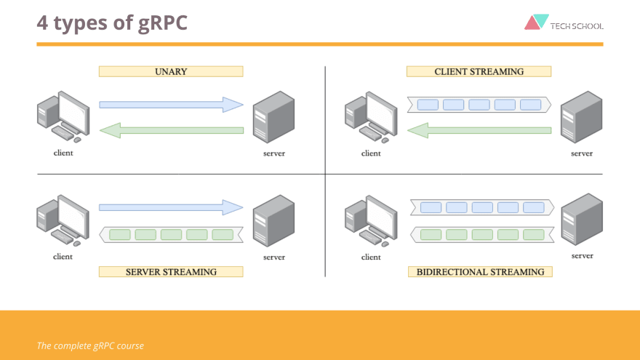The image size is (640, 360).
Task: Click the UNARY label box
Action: click(x=171, y=71)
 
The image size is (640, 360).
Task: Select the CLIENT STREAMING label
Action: click(x=479, y=71)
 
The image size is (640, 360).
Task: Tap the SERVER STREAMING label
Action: click(x=171, y=271)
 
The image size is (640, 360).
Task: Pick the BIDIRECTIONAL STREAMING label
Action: click(x=480, y=271)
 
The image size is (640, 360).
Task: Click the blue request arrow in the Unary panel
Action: click(x=171, y=105)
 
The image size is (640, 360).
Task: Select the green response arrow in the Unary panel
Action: click(x=171, y=130)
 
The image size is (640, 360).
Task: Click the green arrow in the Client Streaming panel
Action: click(x=479, y=130)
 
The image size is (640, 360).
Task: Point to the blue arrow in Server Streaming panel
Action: click(x=171, y=207)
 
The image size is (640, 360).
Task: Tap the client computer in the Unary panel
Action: click(x=63, y=116)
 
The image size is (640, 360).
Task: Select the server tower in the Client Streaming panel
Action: click(x=581, y=117)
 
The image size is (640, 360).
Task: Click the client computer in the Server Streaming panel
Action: click(x=63, y=220)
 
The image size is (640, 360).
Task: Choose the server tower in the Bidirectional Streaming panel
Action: click(x=581, y=220)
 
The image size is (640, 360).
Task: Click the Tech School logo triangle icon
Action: click(x=537, y=22)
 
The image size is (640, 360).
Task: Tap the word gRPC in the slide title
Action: click(x=162, y=23)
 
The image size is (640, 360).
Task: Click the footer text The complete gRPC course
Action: click(x=90, y=345)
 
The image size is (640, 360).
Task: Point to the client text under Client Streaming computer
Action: click(x=371, y=153)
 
